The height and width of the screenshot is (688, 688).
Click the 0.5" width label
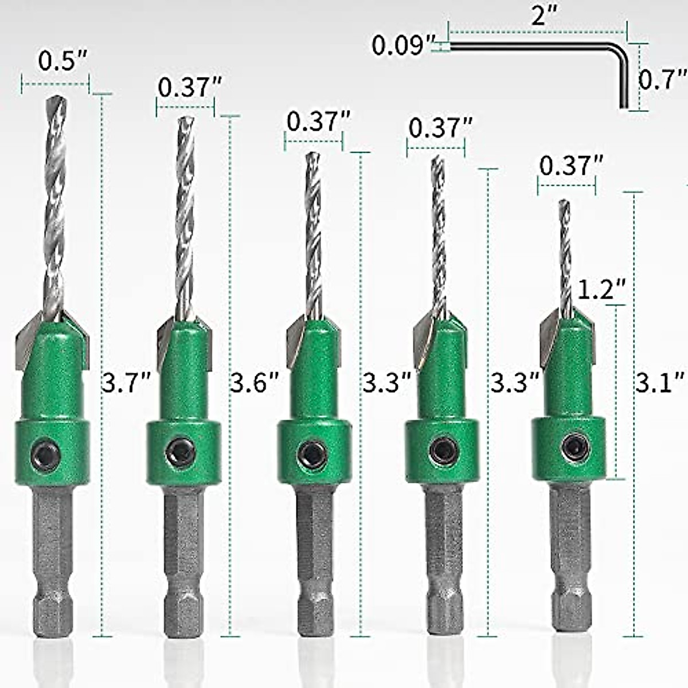(63, 61)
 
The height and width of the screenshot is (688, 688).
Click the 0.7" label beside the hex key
(662, 80)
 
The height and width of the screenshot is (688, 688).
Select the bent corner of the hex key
(622, 50)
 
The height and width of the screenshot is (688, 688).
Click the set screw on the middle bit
(312, 454)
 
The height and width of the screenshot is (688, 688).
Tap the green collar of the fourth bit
(442, 451)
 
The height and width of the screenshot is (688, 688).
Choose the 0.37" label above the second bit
(190, 87)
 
